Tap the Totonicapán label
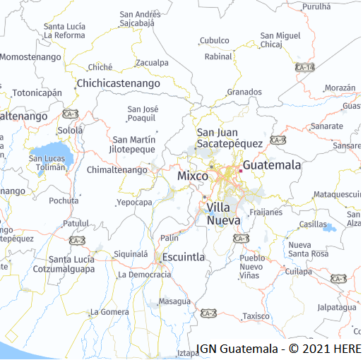point(37,92)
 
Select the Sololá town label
point(70,131)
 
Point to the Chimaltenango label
point(117,170)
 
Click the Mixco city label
point(192,175)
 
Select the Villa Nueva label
point(223,214)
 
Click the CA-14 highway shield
point(305,67)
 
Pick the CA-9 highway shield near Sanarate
point(278,140)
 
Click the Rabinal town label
point(218,56)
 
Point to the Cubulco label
point(215,41)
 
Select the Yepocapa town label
point(134,203)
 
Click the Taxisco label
point(256,316)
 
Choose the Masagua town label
point(174,301)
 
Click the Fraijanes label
point(266,212)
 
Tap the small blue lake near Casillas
point(328,228)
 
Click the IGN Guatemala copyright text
point(278,349)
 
